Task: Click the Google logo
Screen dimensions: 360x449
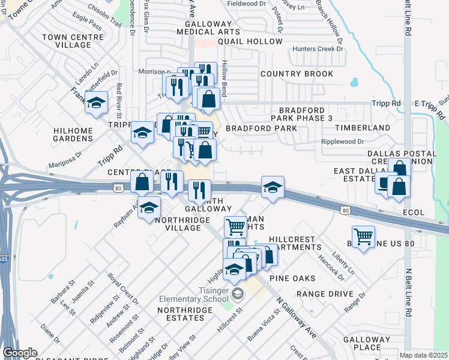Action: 20,353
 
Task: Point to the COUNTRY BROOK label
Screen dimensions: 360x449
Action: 297,74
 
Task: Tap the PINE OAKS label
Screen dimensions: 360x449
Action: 292,278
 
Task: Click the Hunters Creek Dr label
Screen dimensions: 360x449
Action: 318,49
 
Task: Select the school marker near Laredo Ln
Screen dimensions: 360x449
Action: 96,103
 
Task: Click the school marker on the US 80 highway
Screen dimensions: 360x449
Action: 273,188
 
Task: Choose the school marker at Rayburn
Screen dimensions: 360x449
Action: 149,208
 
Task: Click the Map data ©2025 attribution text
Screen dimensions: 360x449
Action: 424,355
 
